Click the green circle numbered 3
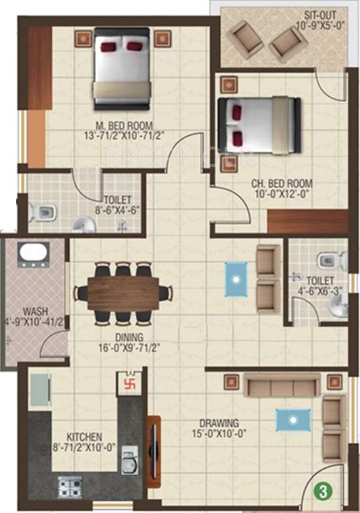pos(324,491)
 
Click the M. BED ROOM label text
pos(124,125)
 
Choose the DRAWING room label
pos(219,423)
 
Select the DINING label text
pos(124,337)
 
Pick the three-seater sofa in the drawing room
pos(280,386)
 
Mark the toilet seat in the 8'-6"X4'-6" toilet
pos(42,214)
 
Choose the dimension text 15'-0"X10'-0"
pos(219,435)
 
